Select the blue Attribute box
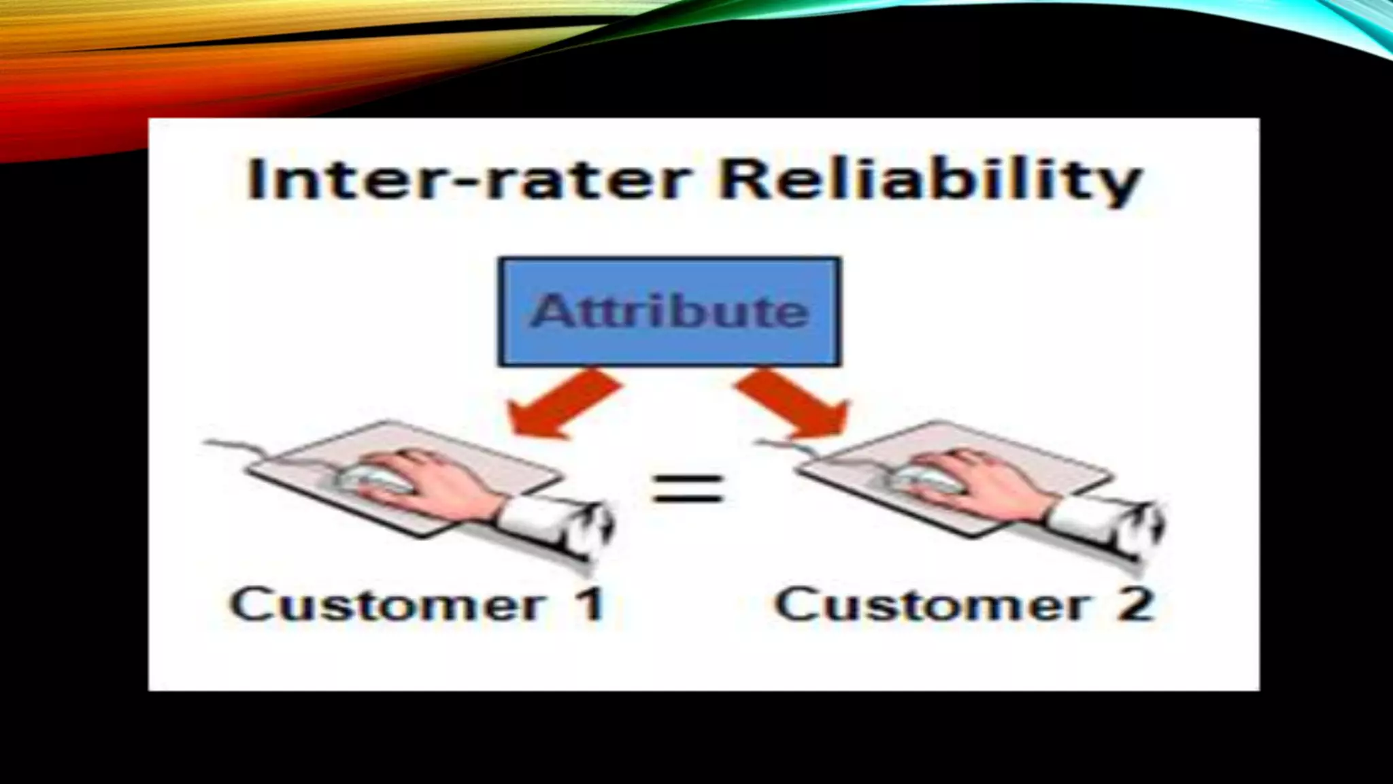coord(670,312)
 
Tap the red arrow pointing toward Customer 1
coord(562,404)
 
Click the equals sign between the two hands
coord(687,489)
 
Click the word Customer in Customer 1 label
coord(388,605)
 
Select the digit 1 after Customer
coord(590,605)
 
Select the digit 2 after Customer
coord(1135,605)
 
